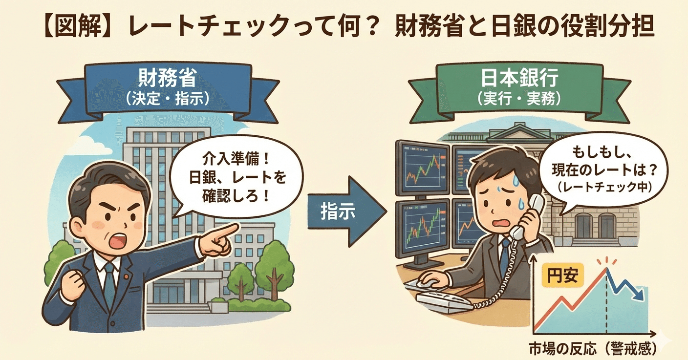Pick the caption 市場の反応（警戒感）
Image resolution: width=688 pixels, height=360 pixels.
coord(593,349)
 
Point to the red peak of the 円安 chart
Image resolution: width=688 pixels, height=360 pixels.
coord(606,269)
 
